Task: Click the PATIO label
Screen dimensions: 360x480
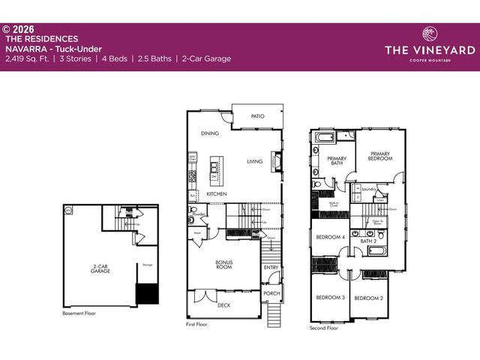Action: pos(257,117)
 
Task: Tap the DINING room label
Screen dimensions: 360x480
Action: pos(209,134)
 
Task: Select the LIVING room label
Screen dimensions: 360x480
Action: pos(254,161)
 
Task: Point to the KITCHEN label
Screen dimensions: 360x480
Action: pos(217,194)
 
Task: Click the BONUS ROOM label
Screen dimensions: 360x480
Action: pos(224,265)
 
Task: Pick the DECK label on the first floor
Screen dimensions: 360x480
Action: pos(223,305)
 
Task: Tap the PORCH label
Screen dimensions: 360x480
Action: pos(271,293)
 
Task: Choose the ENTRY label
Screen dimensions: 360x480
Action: pos(271,268)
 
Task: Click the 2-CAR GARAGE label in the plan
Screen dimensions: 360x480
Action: pos(100,268)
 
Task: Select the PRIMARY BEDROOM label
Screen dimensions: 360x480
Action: pos(380,156)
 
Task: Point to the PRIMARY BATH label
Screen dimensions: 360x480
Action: pos(335,160)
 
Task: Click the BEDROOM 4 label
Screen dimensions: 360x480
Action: pos(330,237)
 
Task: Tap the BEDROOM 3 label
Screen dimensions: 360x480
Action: pos(330,298)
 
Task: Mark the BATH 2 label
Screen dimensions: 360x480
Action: pos(368,241)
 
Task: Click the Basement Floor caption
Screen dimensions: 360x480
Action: pos(79,313)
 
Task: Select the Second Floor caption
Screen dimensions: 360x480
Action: pos(324,328)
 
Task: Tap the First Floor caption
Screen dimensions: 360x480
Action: pos(196,324)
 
